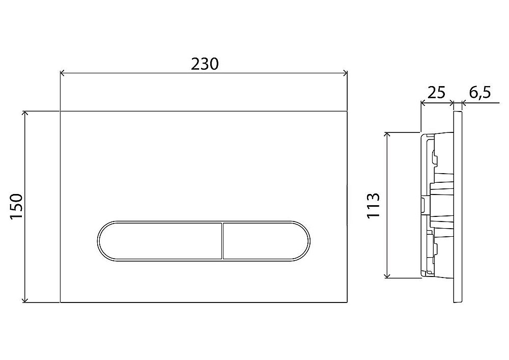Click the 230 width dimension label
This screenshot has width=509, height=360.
pos(205,64)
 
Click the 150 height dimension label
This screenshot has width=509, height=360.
pos(17,206)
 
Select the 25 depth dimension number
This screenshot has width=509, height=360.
pos(436,93)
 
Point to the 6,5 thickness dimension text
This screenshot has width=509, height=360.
pos(479,93)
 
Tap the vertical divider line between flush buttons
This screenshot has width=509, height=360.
pos(222,241)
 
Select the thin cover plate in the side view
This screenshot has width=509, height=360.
pos(458,206)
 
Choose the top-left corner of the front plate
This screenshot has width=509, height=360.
pos(61,110)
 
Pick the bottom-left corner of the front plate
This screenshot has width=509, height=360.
pos(61,302)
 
